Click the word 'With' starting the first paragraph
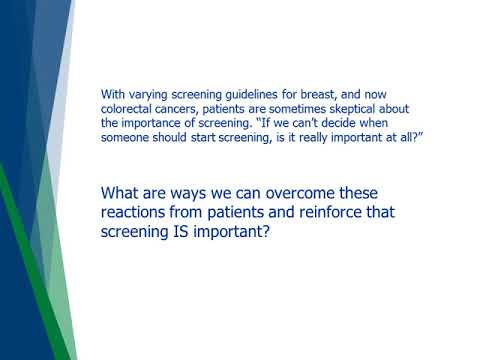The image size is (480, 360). point(111,92)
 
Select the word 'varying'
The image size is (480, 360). point(146,92)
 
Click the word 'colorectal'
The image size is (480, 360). point(127,107)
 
